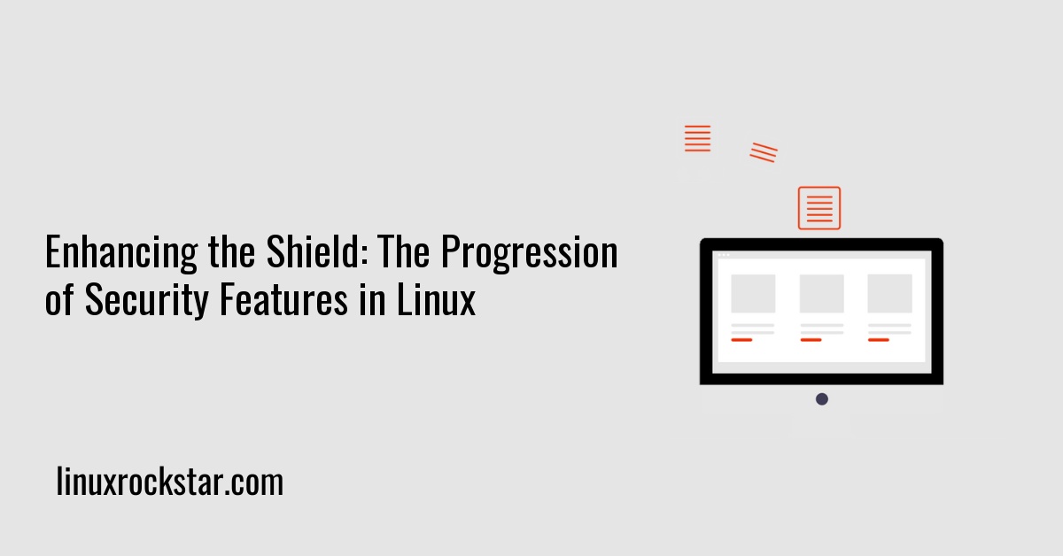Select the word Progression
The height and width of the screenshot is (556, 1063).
(530, 254)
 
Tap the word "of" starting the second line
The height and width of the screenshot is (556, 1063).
(60, 301)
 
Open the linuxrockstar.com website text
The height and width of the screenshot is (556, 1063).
(169, 483)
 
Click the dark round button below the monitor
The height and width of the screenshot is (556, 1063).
(822, 399)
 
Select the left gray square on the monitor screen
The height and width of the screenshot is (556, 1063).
(753, 293)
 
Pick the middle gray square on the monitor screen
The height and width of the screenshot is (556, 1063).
(821, 293)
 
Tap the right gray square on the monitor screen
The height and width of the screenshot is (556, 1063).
(889, 293)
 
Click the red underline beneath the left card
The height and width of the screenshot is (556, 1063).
(741, 340)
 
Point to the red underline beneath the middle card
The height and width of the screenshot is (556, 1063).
(811, 340)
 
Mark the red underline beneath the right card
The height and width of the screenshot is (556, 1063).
(879, 340)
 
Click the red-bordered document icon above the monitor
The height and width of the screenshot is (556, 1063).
(819, 208)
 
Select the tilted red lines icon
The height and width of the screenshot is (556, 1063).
(764, 152)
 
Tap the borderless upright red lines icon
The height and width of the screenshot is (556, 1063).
(698, 139)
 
